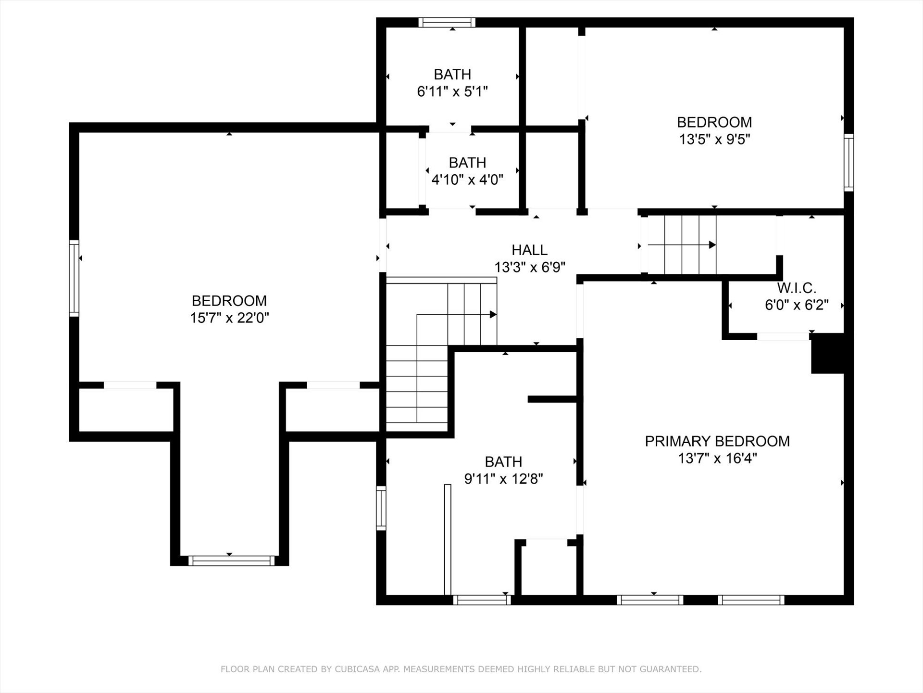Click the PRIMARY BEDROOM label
717,441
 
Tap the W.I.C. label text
797,288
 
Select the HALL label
529,250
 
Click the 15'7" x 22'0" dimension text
229,318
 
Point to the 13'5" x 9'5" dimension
714,140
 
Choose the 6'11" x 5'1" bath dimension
452,91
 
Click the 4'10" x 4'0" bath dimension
467,180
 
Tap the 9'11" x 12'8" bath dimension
503,479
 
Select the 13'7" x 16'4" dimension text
717,458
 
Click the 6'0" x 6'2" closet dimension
797,305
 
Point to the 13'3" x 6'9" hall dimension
529,267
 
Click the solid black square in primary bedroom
828,353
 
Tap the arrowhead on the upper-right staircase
712,245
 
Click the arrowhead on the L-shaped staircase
493,315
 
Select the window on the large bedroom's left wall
74,279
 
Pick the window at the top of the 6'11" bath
447,23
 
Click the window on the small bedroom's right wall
849,163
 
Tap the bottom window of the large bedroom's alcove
231,561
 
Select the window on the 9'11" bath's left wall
381,508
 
